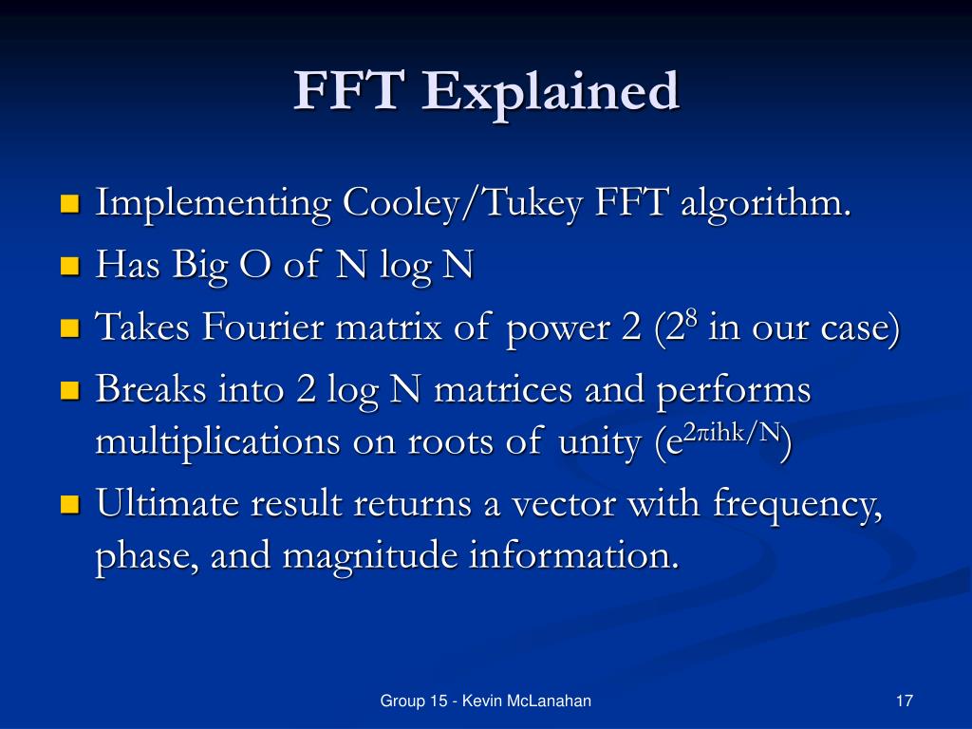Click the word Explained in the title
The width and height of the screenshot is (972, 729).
click(552, 94)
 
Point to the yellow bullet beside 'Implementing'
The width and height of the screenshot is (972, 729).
click(69, 204)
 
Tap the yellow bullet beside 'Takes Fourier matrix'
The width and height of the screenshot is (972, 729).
click(69, 329)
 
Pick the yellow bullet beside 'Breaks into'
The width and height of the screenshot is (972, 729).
click(69, 391)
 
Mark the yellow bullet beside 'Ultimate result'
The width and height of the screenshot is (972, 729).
click(69, 505)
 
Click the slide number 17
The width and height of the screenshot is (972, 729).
click(904, 701)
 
